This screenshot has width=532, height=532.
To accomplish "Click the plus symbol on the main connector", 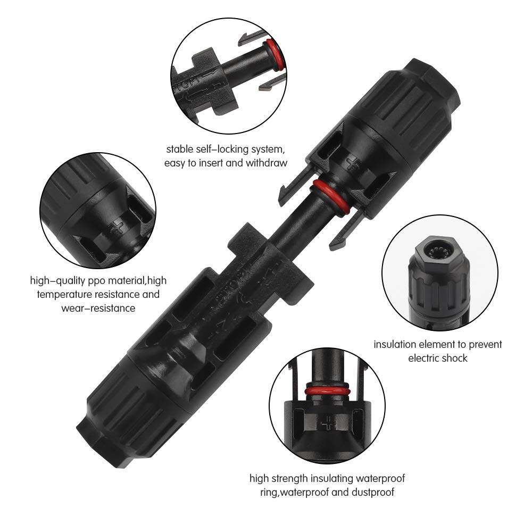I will pos(354,162).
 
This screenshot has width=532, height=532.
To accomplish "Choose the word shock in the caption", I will pos(453,358).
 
